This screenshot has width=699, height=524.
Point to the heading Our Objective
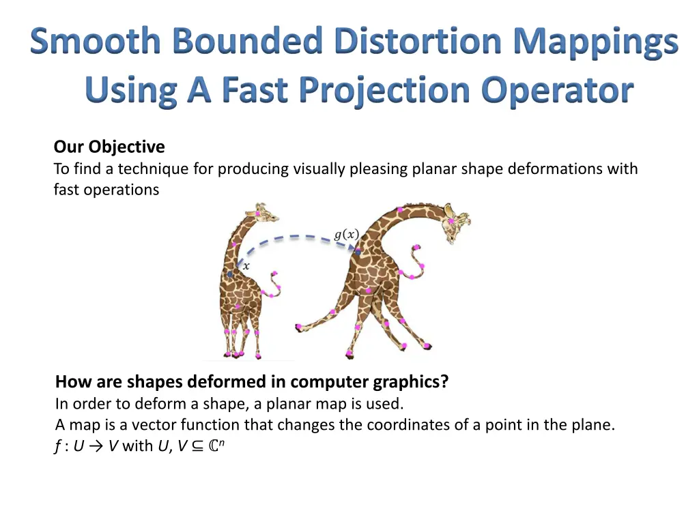click(109, 147)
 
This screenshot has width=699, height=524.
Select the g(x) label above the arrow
click(346, 235)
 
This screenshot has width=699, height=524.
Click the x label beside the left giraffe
click(246, 267)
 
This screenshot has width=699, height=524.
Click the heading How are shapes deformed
click(252, 381)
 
